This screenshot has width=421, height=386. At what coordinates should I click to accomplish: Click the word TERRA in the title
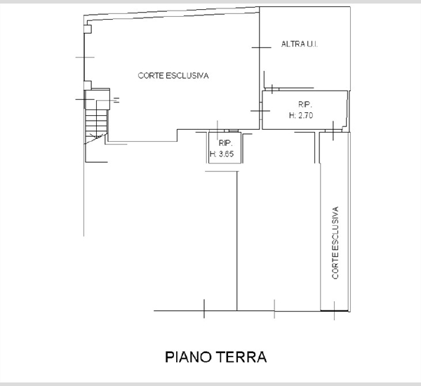tap(241, 357)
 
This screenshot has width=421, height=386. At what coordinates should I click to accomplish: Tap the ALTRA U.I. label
tap(300, 44)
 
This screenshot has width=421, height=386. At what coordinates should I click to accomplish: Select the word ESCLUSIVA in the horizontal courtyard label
tap(187, 76)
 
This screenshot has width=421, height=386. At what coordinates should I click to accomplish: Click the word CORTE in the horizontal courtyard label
tap(151, 76)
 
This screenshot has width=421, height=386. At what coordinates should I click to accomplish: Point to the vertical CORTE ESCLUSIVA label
tap(335, 243)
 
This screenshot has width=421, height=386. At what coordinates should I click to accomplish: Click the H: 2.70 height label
tap(301, 116)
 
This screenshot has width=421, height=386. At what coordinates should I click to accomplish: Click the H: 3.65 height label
tap(222, 154)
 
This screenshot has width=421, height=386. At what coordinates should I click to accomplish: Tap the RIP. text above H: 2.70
tap(305, 105)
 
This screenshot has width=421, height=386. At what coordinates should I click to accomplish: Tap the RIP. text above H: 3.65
tap(225, 143)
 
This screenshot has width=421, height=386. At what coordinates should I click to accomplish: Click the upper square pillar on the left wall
tap(88, 29)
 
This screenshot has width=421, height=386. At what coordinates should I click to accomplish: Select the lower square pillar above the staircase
tap(88, 85)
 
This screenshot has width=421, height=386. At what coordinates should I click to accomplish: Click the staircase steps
tap(96, 123)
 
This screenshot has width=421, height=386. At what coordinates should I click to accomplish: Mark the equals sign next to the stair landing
tap(116, 100)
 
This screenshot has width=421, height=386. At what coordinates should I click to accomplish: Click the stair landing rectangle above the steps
tap(98, 100)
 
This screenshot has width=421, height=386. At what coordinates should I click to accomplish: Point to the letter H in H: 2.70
tap(292, 116)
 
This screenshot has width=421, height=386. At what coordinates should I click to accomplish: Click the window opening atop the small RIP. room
tap(231, 131)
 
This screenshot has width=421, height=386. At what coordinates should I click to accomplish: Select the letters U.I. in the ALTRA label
tap(312, 44)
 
